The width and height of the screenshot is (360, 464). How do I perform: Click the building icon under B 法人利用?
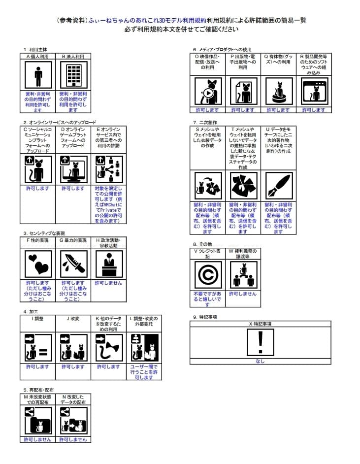[73, 76]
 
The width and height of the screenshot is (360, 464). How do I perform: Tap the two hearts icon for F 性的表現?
[38, 265]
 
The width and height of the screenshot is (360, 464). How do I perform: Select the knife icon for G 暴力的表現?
[73, 265]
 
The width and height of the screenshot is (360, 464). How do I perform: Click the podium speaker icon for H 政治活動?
[108, 265]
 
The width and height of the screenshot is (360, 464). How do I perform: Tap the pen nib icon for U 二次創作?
[278, 186]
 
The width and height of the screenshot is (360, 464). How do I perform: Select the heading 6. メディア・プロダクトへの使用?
[223, 50]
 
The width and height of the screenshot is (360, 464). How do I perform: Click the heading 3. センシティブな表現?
[44, 233]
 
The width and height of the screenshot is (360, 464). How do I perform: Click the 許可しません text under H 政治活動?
[108, 283]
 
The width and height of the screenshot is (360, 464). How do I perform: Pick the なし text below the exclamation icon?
[260, 361]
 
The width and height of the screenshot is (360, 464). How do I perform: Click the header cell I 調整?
[38, 318]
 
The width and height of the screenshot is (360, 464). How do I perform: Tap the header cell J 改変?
[73, 318]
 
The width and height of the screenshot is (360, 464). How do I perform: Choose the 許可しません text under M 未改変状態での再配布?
[38, 439]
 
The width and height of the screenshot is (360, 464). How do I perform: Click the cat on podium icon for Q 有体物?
[278, 91]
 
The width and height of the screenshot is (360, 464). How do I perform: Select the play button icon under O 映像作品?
[208, 92]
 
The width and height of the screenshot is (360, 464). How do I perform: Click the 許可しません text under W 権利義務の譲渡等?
[243, 294]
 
